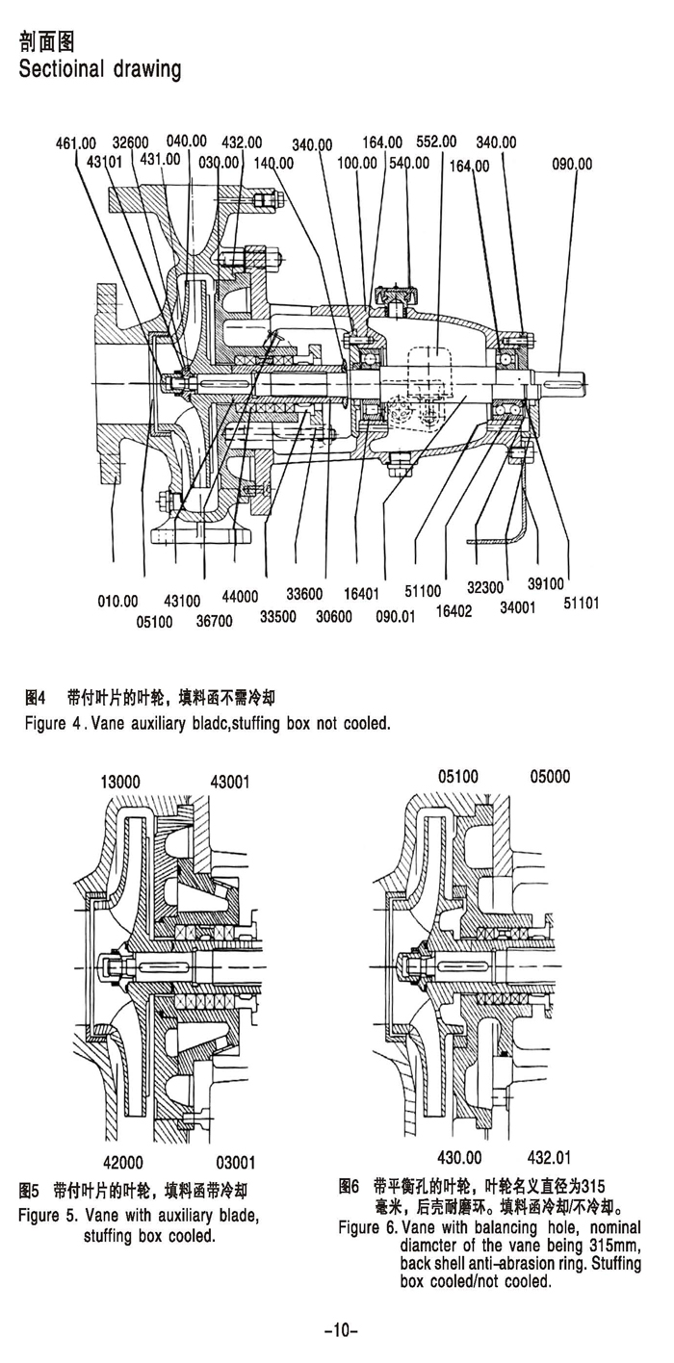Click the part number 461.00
[x=77, y=144]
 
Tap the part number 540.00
[x=408, y=163]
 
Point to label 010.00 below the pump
[x=118, y=602]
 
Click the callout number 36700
[x=214, y=622]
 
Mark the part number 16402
[x=454, y=610]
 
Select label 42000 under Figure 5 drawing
[x=123, y=1161]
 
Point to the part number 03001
[x=235, y=1161]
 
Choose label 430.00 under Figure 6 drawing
[x=458, y=1156]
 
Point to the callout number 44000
[x=240, y=597]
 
